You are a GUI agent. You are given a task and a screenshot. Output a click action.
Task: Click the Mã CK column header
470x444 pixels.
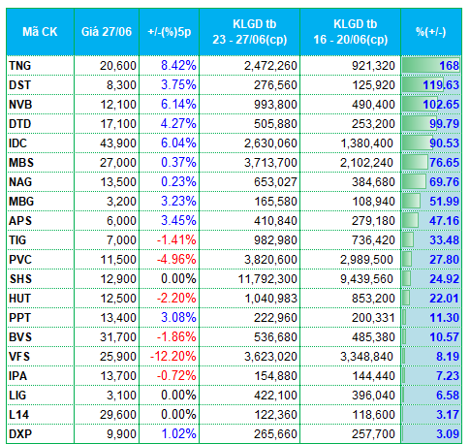(40, 32)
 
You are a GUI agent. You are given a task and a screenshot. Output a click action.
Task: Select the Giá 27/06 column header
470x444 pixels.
(107, 32)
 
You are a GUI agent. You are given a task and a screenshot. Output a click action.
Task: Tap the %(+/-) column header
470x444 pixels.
(431, 32)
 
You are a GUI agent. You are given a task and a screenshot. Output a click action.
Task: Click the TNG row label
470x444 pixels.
(20, 66)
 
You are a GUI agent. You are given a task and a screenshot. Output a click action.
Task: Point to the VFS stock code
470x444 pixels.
(19, 357)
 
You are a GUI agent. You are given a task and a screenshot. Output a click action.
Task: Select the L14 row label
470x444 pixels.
(19, 415)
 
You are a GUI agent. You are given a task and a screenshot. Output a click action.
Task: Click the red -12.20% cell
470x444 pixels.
(173, 357)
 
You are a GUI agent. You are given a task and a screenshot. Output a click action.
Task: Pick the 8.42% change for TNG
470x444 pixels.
(178, 66)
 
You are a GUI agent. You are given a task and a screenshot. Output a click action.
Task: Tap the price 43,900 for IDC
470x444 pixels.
(118, 143)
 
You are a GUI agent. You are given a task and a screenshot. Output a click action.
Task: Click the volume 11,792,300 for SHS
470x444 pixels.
(267, 279)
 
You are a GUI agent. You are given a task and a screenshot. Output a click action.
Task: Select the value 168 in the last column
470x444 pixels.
(449, 66)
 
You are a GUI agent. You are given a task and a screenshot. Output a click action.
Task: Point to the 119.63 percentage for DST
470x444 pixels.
(441, 85)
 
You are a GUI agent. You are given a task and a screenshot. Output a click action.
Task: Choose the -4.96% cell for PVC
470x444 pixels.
(176, 260)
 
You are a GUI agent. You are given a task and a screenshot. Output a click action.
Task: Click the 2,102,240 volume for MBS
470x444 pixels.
(366, 163)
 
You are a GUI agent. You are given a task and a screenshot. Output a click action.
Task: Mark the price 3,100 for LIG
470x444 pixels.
(121, 396)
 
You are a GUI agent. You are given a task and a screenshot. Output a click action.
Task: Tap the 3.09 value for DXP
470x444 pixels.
(448, 434)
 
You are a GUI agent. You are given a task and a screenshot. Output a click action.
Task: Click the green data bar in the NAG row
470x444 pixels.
(414, 181)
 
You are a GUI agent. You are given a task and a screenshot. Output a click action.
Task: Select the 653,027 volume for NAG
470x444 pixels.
(275, 182)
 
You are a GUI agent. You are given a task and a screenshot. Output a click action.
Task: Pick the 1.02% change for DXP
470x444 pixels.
(178, 434)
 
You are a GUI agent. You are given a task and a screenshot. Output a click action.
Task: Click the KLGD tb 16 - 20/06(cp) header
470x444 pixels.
(351, 32)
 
